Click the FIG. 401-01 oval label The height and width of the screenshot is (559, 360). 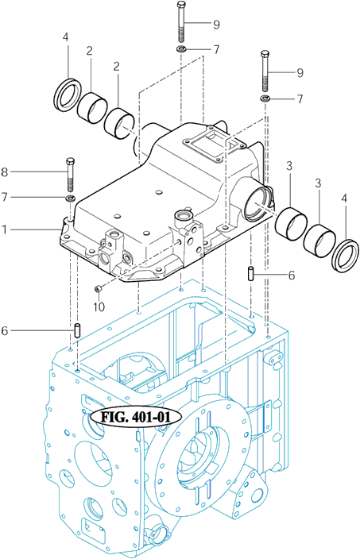pos(136,416)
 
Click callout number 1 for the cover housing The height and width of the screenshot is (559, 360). pos(4,229)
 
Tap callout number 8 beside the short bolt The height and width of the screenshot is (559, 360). pos(4,172)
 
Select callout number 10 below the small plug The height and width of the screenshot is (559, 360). pos(99,306)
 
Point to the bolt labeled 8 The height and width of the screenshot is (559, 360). pos(70,174)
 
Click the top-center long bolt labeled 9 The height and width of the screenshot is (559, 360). pos(181,21)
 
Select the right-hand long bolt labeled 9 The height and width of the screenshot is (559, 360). pos(265,71)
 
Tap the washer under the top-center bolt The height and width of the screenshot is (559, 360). pos(181,49)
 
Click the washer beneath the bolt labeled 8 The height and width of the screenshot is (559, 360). pos(70,198)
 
